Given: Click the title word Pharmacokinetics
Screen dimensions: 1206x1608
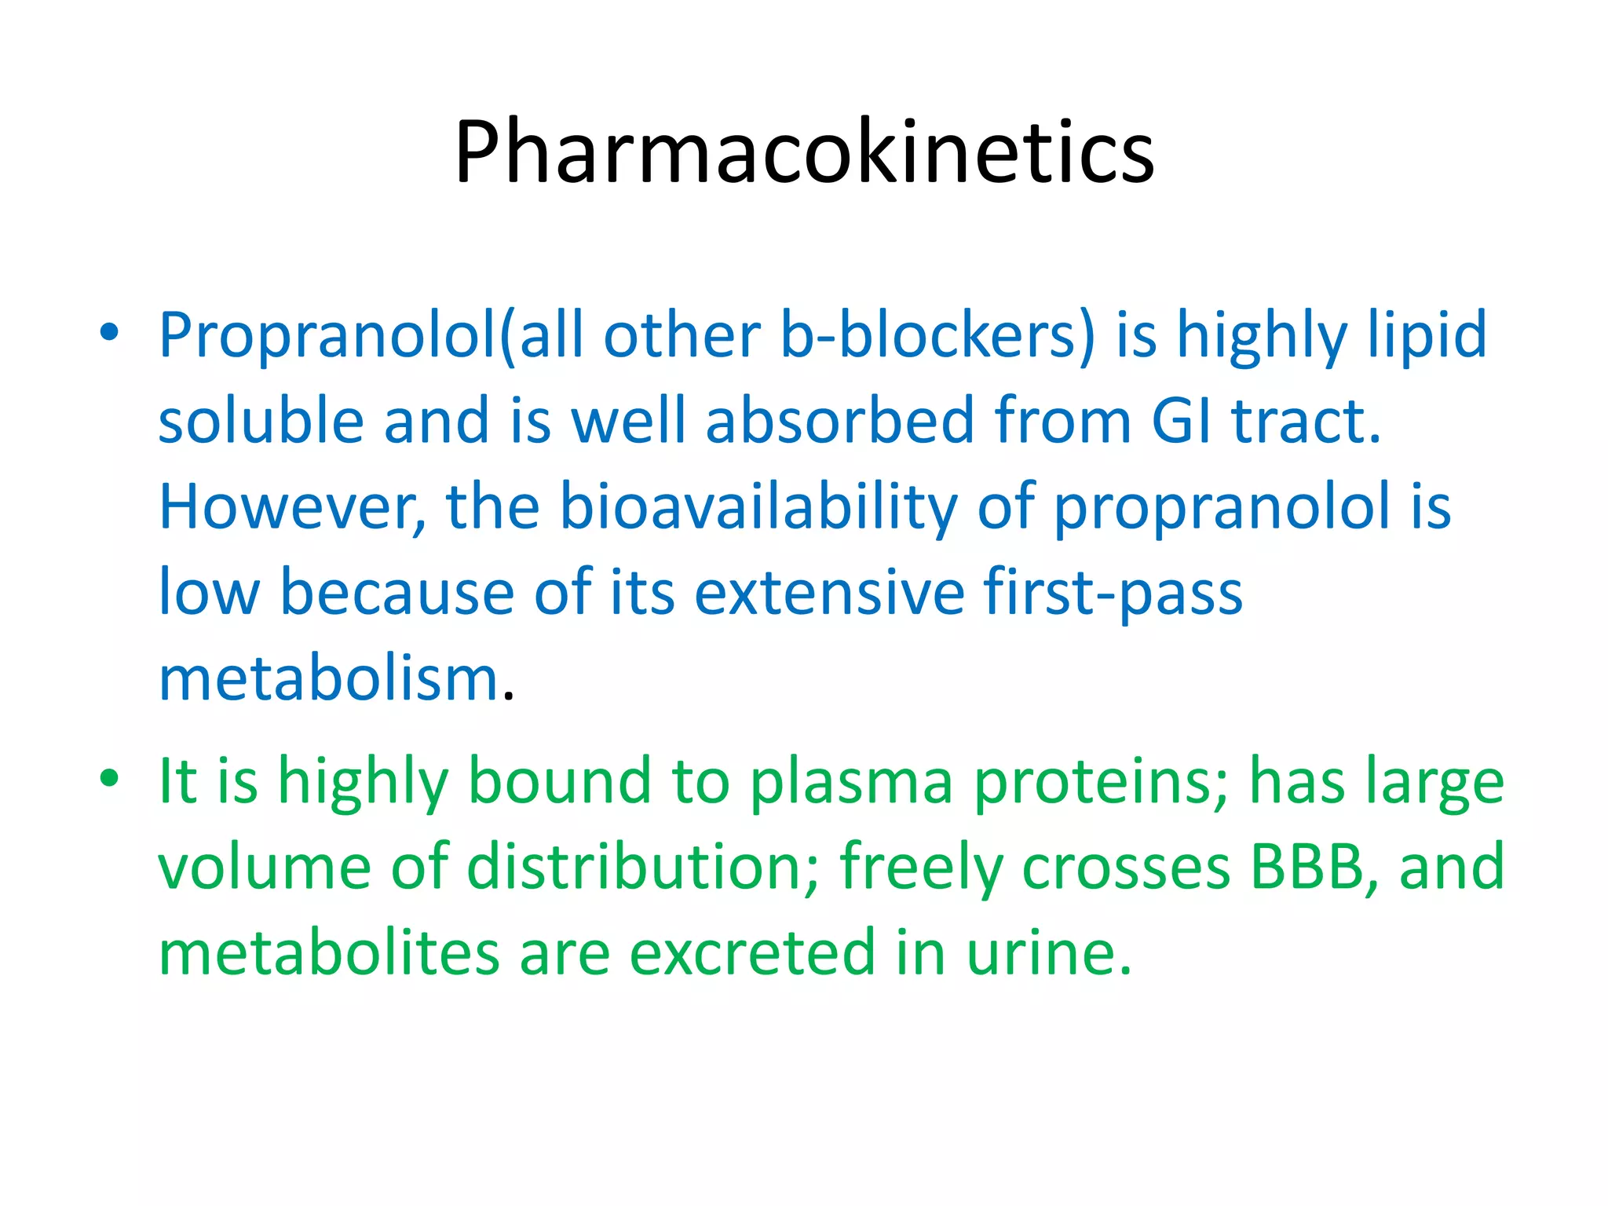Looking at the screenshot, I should pos(804,151).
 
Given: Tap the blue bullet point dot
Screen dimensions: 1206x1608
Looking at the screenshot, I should pos(109,333).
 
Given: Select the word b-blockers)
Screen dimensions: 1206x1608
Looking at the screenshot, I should pos(937,336).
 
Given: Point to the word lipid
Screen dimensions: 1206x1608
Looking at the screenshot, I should pos(1427,336).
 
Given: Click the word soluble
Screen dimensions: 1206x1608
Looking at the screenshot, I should pos(261,421).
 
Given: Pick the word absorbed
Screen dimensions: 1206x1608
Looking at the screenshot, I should pos(839,421).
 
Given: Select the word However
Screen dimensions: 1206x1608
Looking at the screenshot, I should pos(292,507).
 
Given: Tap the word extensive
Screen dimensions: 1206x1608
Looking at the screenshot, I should pos(829,592).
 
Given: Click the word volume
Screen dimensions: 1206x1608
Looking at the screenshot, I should pos(265,867).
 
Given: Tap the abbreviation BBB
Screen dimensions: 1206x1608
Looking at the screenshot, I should pos(1314,867).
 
